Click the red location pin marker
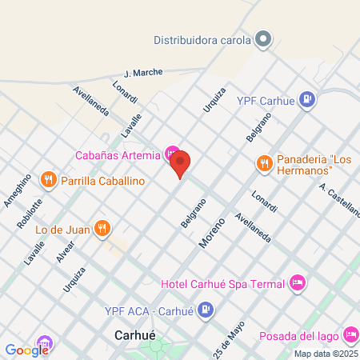(x=181, y=164)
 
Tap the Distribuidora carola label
(x=202, y=39)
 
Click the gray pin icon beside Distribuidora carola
(x=263, y=39)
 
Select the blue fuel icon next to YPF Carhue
(x=306, y=100)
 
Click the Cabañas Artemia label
(x=118, y=154)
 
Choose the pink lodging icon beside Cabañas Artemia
(x=172, y=153)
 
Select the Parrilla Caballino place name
(x=102, y=181)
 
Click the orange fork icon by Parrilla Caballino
(x=49, y=180)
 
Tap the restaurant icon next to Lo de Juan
(x=102, y=229)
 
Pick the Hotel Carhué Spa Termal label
(x=223, y=284)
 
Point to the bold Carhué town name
(x=134, y=335)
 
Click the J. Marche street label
(x=143, y=73)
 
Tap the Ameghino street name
(x=17, y=190)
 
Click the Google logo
(x=27, y=349)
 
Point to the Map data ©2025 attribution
(x=325, y=354)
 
